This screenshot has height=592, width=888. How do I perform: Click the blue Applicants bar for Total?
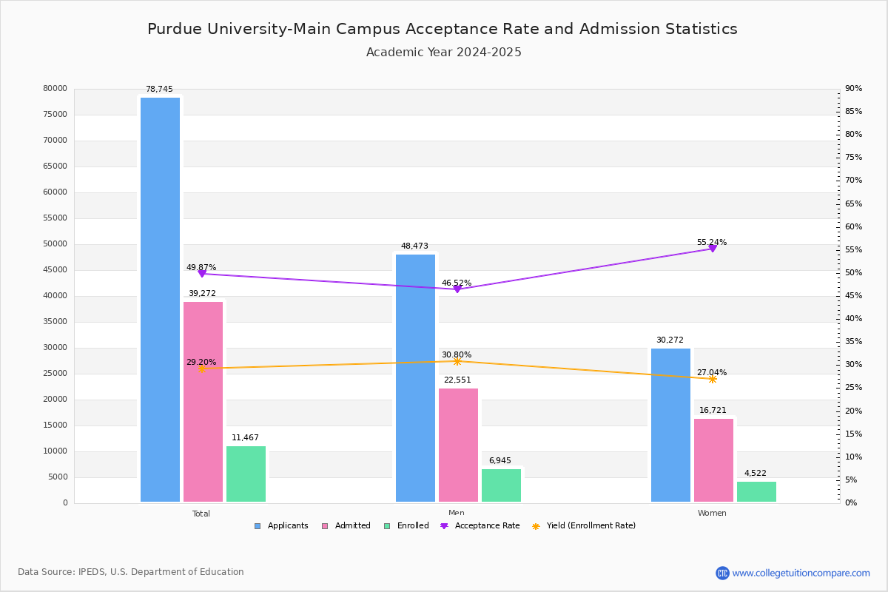coord(160,300)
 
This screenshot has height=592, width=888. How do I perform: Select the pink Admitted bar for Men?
coord(458,445)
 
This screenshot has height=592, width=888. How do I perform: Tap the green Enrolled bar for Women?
coord(756,491)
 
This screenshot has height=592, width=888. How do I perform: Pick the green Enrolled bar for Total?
coord(246,474)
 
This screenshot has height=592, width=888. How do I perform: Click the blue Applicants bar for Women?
coord(670,425)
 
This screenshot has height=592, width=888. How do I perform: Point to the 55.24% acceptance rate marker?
coord(713,249)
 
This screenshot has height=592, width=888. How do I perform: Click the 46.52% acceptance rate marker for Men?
coord(457,289)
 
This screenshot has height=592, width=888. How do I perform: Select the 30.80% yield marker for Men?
coord(457,361)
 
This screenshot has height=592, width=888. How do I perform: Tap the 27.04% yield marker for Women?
coord(713,379)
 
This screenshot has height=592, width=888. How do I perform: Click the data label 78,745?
coord(159,90)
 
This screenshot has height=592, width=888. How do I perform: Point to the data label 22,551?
coord(457,380)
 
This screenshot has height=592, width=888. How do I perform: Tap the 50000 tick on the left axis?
coord(55,244)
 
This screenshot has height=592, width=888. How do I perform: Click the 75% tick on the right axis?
coord(853,158)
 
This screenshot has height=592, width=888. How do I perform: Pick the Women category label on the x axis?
coord(712,514)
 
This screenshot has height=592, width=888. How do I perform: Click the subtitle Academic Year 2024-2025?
coord(444,53)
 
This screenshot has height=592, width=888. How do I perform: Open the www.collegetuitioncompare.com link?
coord(801,573)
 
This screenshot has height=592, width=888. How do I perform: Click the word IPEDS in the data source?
coord(92,572)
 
